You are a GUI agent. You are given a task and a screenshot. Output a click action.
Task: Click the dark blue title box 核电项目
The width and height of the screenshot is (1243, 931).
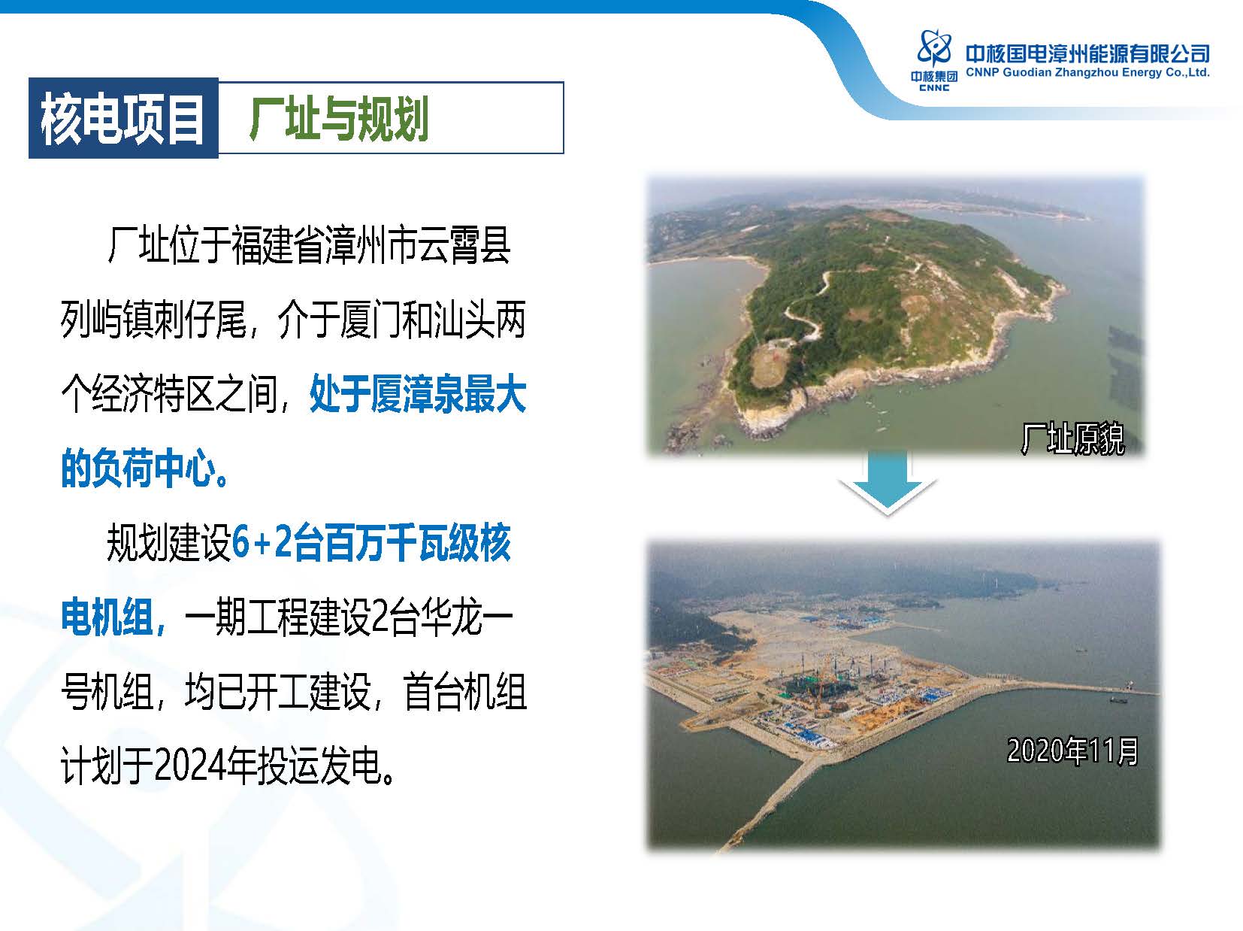click(x=123, y=118)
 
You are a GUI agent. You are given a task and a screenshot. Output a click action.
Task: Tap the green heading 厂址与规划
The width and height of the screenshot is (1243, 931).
click(x=338, y=118)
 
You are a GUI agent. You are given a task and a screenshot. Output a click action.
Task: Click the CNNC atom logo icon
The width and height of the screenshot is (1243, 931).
click(x=934, y=47)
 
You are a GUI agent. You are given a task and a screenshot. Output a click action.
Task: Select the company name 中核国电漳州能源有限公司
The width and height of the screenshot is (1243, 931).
click(x=1087, y=54)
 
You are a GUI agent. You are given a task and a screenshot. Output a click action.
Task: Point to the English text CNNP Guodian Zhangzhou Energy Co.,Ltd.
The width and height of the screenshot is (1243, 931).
click(x=1087, y=72)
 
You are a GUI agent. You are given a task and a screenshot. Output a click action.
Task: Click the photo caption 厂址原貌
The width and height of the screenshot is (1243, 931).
click(x=1072, y=438)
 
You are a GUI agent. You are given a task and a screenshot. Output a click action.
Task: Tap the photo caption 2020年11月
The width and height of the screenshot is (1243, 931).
click(x=1072, y=751)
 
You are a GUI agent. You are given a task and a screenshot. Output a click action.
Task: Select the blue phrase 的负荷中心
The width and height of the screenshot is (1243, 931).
click(x=138, y=468)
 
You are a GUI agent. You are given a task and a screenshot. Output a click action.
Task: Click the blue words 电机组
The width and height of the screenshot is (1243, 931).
click(x=107, y=617)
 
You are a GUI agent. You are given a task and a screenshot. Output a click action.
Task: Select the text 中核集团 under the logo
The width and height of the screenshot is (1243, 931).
click(x=934, y=77)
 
